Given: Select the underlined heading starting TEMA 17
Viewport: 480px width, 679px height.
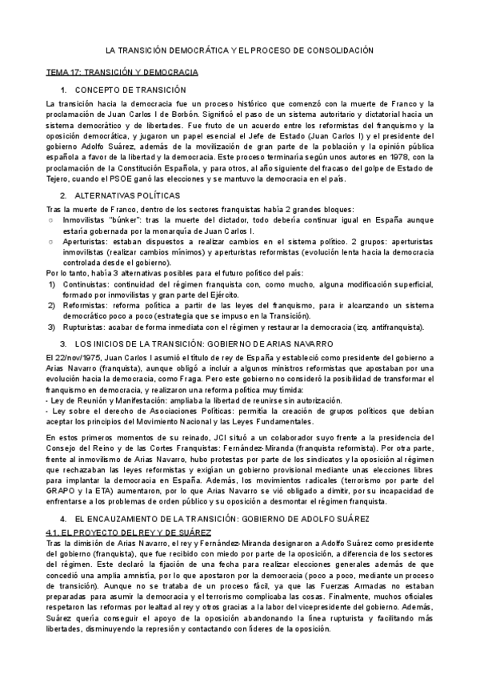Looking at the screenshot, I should point(122,72).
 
